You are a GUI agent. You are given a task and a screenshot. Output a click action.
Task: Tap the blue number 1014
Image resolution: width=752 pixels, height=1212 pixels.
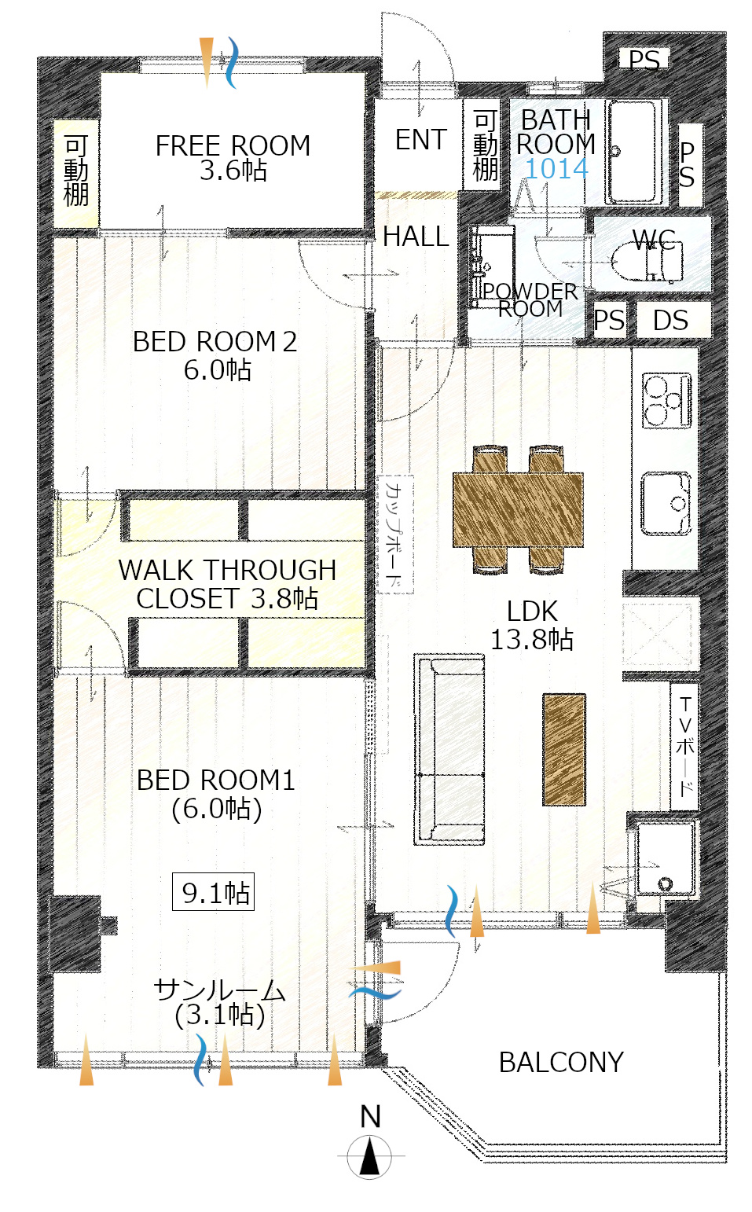[556, 169]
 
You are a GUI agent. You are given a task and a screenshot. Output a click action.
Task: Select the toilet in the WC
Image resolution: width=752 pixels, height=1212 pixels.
[647, 261]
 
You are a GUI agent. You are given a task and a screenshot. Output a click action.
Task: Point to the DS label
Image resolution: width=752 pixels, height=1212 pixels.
[671, 321]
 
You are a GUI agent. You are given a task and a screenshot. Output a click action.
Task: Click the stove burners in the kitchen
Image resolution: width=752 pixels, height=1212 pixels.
[666, 400]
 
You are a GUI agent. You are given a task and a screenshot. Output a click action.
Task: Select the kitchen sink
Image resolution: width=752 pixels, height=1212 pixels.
[666, 504]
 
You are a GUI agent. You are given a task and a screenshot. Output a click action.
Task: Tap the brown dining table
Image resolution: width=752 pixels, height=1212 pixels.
[518, 509]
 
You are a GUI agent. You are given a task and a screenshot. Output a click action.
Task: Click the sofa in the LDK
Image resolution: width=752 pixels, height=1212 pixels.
[449, 749]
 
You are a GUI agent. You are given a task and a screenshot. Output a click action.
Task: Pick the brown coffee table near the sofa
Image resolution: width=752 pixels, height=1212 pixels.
[564, 750]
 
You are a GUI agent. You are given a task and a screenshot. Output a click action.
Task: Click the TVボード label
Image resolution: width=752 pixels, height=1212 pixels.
[685, 747]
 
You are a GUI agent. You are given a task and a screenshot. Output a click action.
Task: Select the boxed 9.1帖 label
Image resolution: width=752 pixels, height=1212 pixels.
[213, 892]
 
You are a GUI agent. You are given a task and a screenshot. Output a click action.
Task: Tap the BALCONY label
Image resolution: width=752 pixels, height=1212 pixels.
[561, 1062]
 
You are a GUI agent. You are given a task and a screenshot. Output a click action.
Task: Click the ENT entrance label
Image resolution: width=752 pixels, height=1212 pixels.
[421, 140]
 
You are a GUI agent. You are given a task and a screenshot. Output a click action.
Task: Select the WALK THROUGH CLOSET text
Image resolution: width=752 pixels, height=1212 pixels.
[227, 584]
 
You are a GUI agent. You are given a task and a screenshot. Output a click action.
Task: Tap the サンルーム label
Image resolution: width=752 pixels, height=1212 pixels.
[219, 990]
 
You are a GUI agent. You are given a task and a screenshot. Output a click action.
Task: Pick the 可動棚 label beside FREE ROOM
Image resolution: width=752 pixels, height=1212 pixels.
[75, 171]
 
